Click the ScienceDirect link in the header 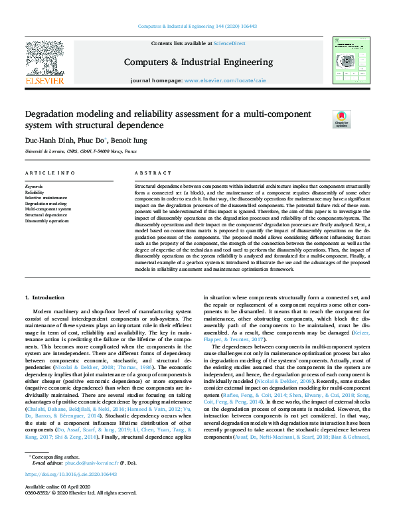[x=228, y=43]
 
